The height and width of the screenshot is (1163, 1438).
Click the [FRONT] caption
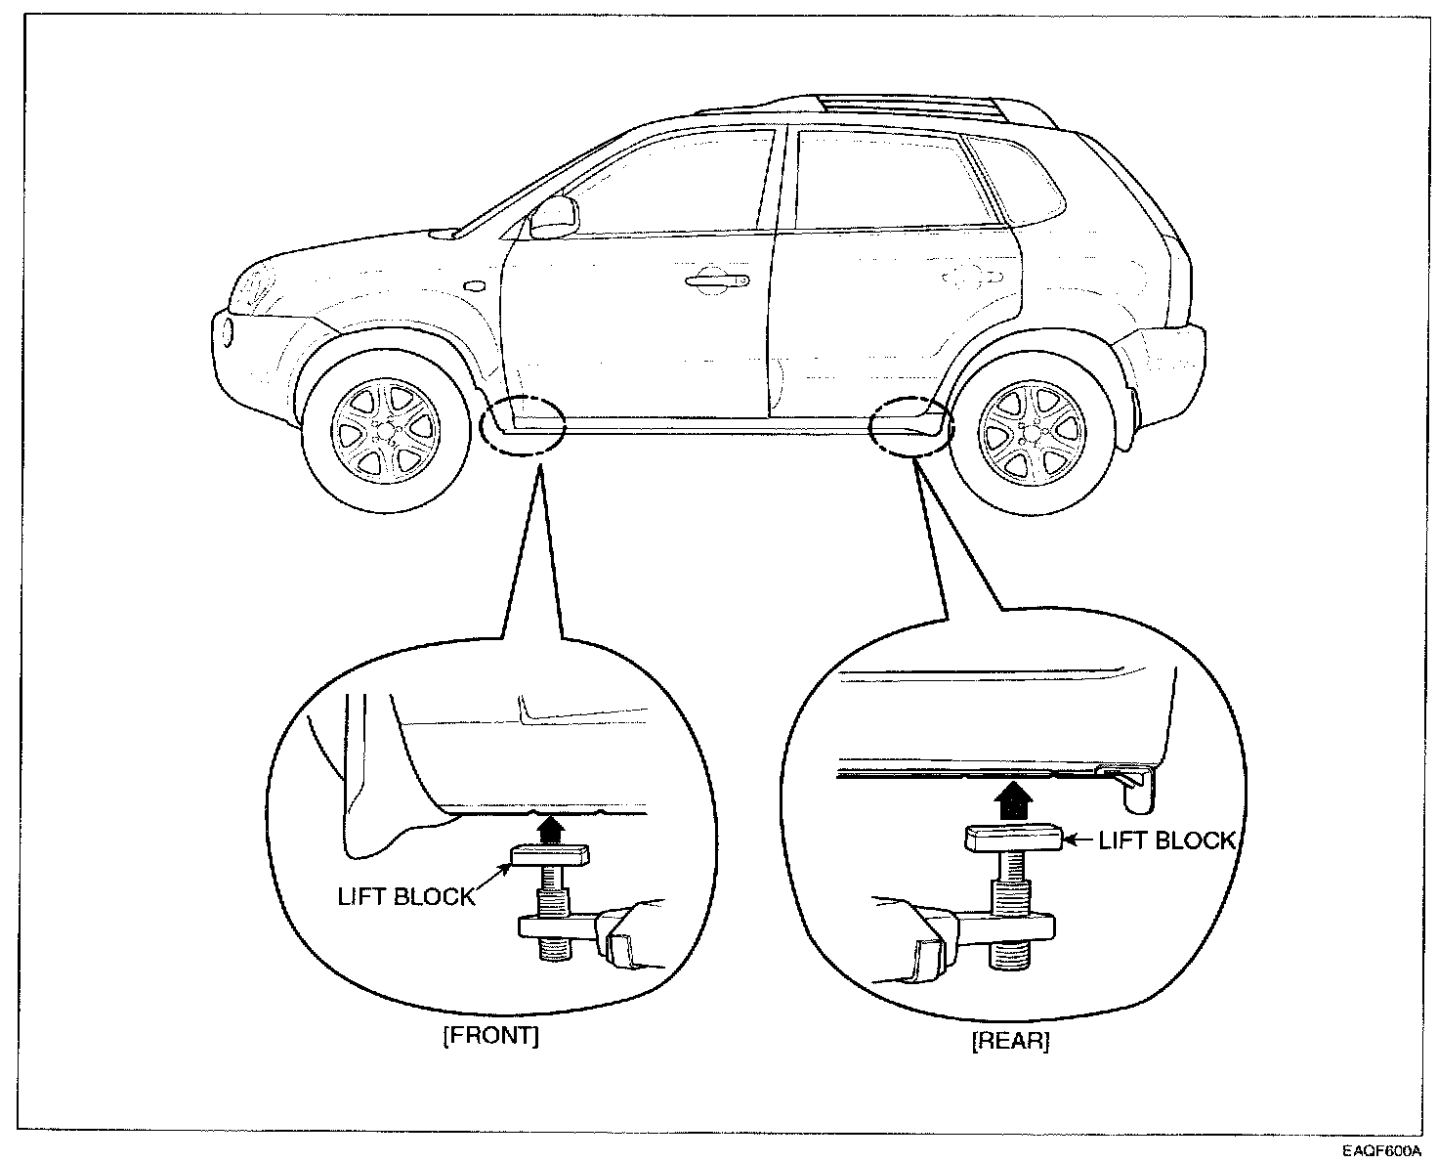[x=490, y=1036]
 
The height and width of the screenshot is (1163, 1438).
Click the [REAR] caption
[x=1010, y=1042]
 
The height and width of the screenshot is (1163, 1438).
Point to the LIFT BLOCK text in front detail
[x=405, y=896]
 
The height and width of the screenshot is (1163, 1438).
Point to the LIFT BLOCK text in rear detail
[x=1167, y=840]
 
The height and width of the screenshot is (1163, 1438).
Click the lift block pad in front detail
[x=549, y=857]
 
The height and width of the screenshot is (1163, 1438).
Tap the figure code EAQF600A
[x=1381, y=1150]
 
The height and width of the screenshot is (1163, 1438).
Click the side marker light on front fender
[x=476, y=286]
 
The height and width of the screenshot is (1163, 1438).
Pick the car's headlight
[x=257, y=286]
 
